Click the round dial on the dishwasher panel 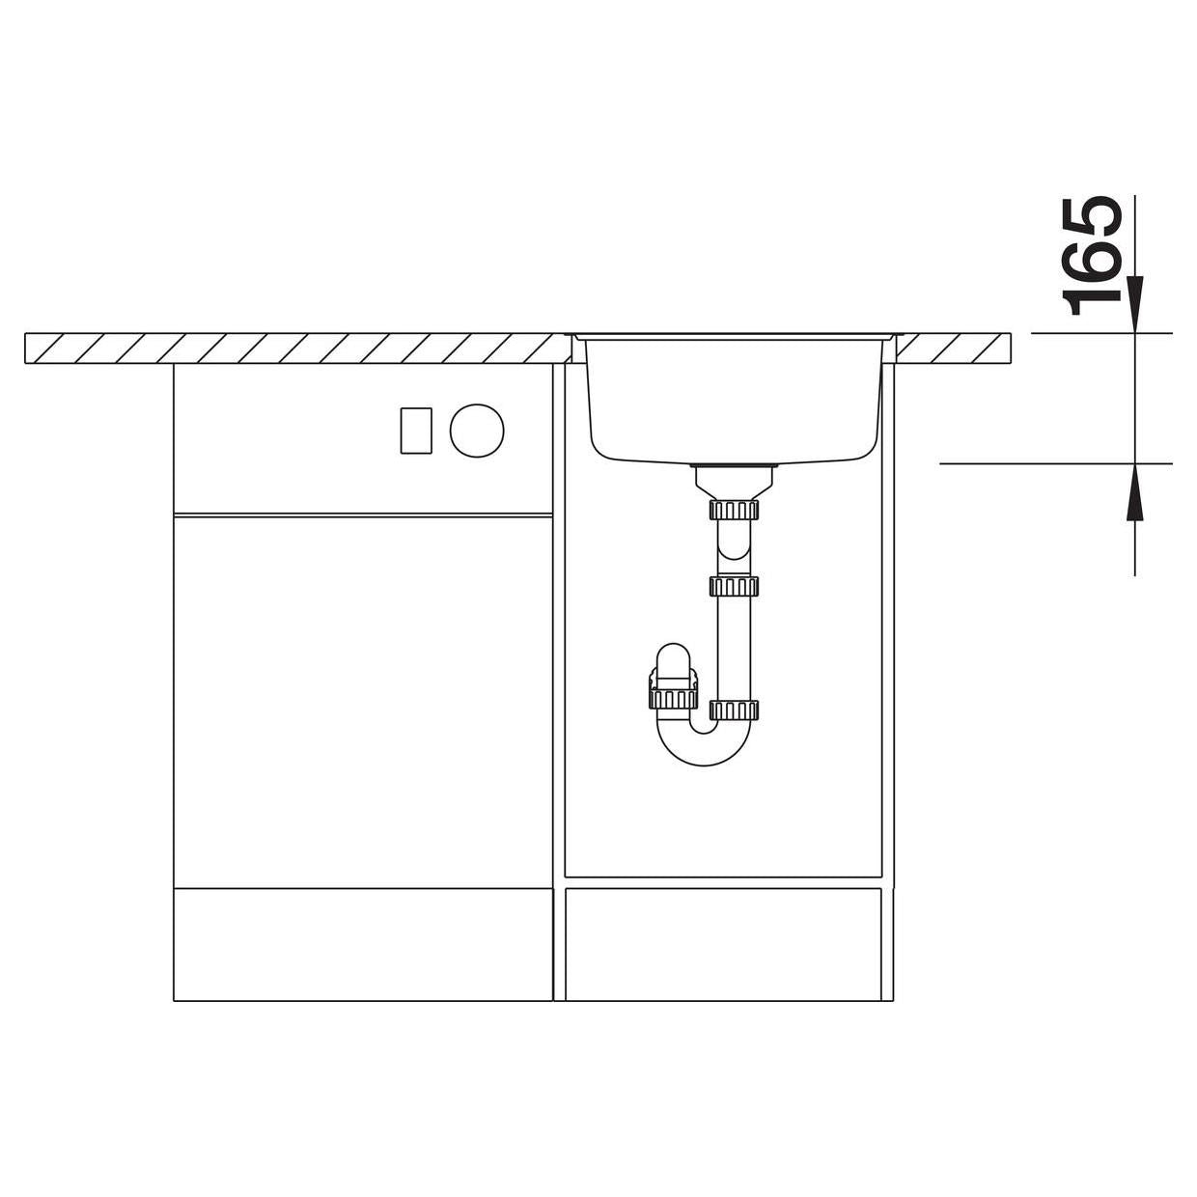(477, 430)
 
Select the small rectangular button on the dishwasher (416, 431)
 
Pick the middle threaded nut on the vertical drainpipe (734, 585)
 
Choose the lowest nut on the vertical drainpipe (734, 709)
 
